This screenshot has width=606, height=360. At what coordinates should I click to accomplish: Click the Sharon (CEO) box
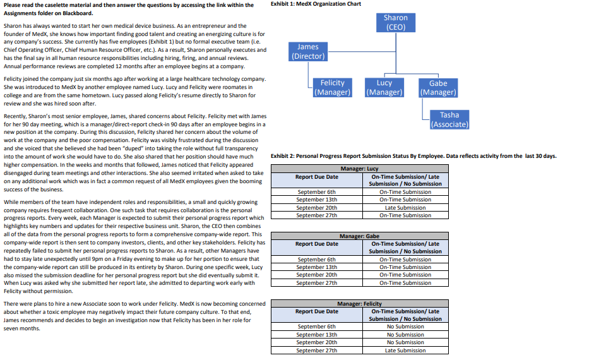(x=395, y=23)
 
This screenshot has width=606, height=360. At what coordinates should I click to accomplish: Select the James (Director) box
(x=308, y=51)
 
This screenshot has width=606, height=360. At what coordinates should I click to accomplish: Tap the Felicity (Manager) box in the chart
(x=332, y=87)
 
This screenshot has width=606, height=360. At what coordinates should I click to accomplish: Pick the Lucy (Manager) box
(x=384, y=87)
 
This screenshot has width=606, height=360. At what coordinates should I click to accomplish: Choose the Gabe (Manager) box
(x=437, y=88)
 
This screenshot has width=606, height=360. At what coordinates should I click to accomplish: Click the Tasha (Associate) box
(x=449, y=119)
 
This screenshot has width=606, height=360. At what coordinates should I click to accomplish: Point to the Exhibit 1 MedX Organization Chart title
(x=315, y=4)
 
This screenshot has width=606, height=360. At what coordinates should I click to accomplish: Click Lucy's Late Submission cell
(x=405, y=208)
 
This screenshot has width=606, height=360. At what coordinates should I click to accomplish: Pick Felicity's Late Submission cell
(x=405, y=351)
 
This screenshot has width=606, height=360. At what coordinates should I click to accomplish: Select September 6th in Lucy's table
(x=316, y=192)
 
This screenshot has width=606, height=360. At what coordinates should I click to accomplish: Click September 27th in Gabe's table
(x=316, y=283)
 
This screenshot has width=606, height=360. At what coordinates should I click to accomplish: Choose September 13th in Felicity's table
(x=316, y=335)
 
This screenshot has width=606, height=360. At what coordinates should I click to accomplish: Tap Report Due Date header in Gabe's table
(x=316, y=244)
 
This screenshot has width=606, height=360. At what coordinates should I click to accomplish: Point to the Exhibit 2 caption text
(x=413, y=156)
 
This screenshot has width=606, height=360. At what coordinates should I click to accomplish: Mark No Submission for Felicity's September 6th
(x=405, y=327)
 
